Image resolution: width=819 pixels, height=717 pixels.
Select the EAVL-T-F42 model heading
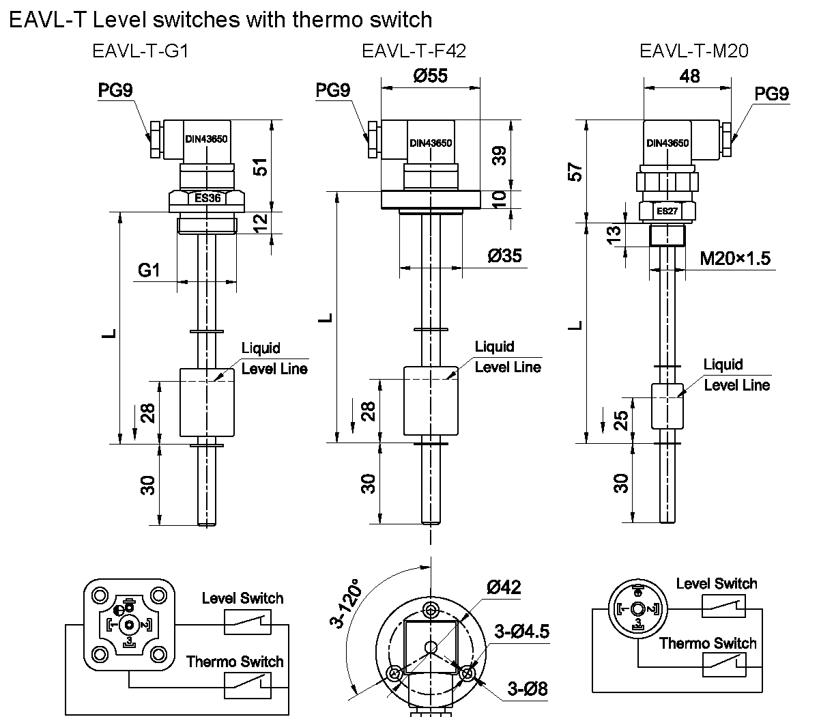pyautogui.click(x=414, y=52)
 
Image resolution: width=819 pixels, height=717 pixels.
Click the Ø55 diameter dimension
pyautogui.click(x=430, y=76)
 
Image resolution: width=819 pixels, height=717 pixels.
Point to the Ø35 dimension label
pyautogui.click(x=504, y=256)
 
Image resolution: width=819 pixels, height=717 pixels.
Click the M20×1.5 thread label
pyautogui.click(x=735, y=258)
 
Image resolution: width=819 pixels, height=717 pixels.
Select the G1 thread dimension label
pyautogui.click(x=149, y=270)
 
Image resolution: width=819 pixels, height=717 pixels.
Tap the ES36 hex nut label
pyautogui.click(x=207, y=199)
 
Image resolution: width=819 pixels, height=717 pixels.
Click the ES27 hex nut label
pyautogui.click(x=667, y=212)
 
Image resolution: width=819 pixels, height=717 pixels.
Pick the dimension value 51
pyautogui.click(x=260, y=166)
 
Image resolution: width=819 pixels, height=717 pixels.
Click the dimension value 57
pyautogui.click(x=577, y=171)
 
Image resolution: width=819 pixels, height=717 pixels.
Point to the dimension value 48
pyautogui.click(x=690, y=76)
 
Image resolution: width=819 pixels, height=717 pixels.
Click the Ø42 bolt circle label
pyautogui.click(x=504, y=587)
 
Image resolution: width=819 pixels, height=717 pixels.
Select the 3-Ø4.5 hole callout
pyautogui.click(x=522, y=632)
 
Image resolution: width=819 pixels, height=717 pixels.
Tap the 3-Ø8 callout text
pyautogui.click(x=528, y=688)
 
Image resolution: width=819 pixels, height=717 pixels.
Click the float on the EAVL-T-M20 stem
pyautogui.click(x=666, y=406)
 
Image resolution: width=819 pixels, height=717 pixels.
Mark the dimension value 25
pyautogui.click(x=620, y=419)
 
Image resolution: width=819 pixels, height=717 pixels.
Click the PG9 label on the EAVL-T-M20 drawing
pyautogui.click(x=772, y=94)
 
